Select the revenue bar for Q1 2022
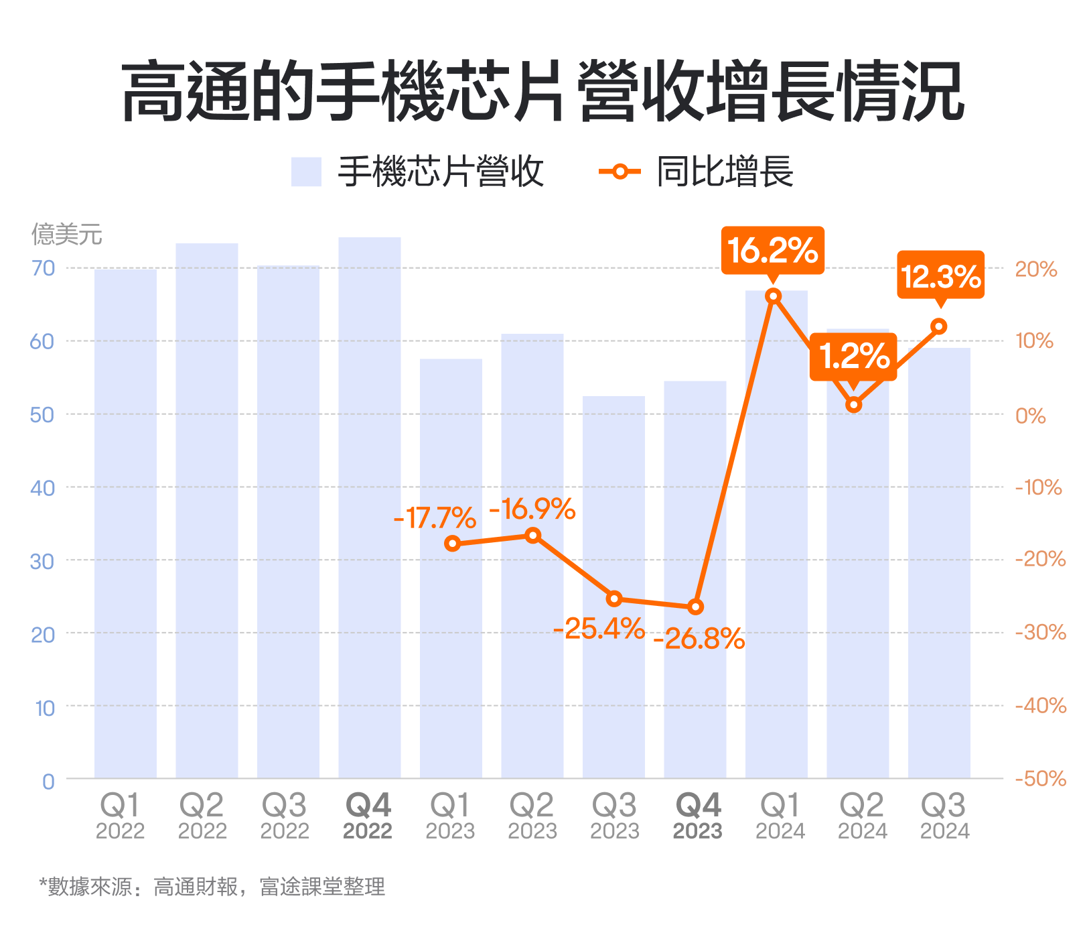coord(125,523)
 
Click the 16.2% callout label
coord(772,251)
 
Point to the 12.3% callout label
coord(940,275)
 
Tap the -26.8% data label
coord(699,639)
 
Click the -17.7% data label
coord(435,518)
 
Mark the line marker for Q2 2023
coord(533,536)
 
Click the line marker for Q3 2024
coord(939,326)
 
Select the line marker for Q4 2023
coord(696,607)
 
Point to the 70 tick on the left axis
coord(43,268)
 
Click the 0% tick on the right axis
coord(1030,416)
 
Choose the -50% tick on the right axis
coord(1040,779)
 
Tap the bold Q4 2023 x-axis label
coord(698,816)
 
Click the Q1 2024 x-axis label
coord(780,816)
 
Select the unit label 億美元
coord(67,235)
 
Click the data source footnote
coord(212,887)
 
